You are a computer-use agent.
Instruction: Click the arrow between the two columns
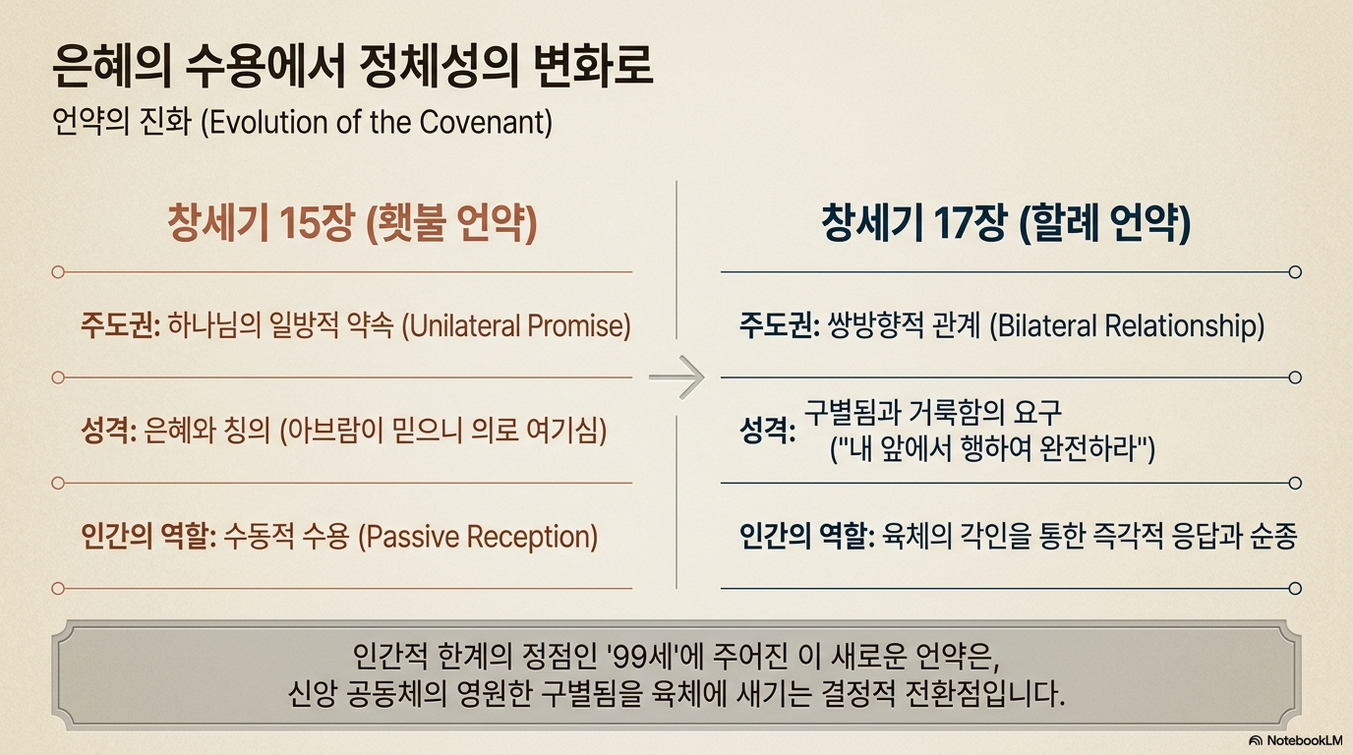[x=676, y=377]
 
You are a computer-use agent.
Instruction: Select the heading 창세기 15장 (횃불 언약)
[x=352, y=223]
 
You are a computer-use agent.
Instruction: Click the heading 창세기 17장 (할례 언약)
[x=1006, y=223]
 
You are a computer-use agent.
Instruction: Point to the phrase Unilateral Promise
[x=516, y=326]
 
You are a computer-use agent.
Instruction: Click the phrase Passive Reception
[x=478, y=537]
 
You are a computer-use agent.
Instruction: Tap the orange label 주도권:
[x=120, y=325]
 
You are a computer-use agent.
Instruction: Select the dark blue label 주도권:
[x=779, y=325]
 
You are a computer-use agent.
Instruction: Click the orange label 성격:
[x=108, y=432]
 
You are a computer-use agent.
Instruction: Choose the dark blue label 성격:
[x=767, y=432]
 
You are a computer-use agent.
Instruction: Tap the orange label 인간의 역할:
[x=148, y=537]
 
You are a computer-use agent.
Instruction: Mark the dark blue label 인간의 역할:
[x=807, y=537]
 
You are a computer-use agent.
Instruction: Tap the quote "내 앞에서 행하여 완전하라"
[x=992, y=448]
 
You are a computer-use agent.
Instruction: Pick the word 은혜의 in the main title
[x=111, y=66]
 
